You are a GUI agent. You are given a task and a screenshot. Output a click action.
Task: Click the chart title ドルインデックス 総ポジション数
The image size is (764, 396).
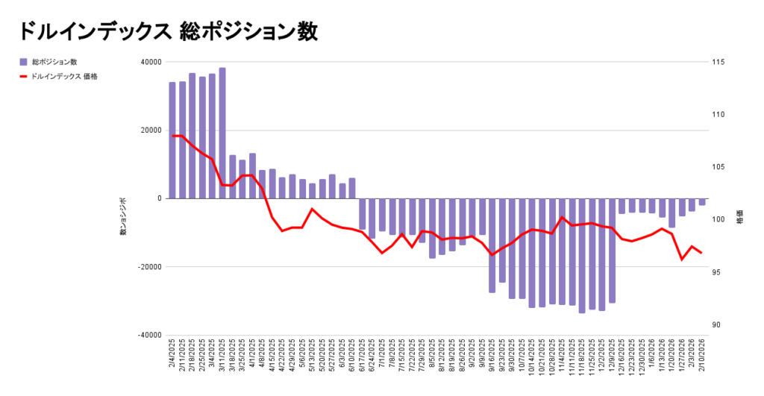point(168,31)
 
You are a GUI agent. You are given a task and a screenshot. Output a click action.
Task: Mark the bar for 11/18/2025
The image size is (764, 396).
point(582,255)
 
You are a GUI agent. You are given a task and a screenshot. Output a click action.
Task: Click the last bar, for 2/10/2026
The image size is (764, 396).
point(702,201)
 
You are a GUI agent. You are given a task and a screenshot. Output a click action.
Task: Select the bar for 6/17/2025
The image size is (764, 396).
point(363,214)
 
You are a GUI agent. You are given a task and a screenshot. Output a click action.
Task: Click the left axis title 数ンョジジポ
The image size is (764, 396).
point(124,217)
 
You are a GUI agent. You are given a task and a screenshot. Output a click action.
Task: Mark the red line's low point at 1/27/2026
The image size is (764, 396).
point(682,260)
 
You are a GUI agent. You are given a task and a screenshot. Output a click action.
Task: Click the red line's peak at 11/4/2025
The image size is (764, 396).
point(562,217)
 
